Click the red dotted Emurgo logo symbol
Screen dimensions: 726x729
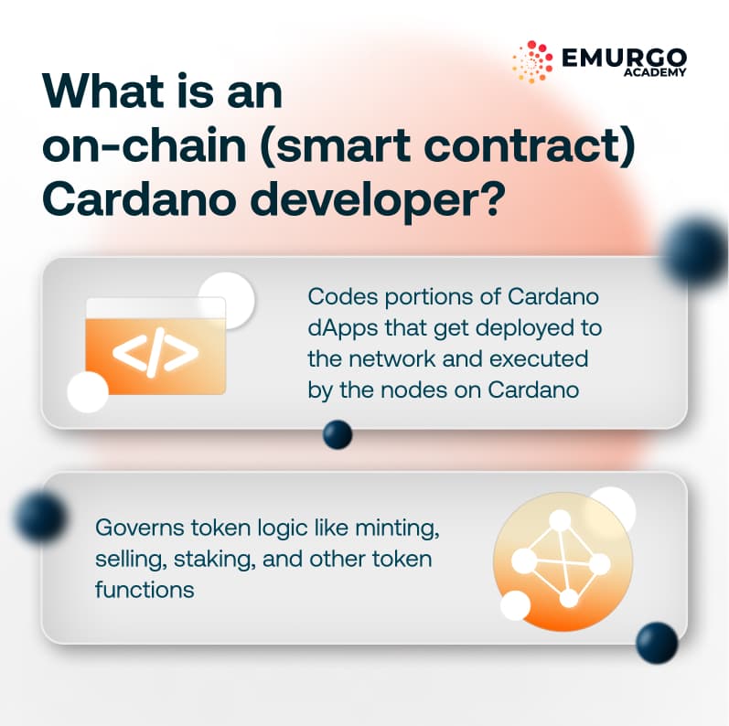coord(532,61)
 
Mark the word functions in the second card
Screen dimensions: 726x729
coord(145,589)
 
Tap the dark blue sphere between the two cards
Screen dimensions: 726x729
coord(338,434)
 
